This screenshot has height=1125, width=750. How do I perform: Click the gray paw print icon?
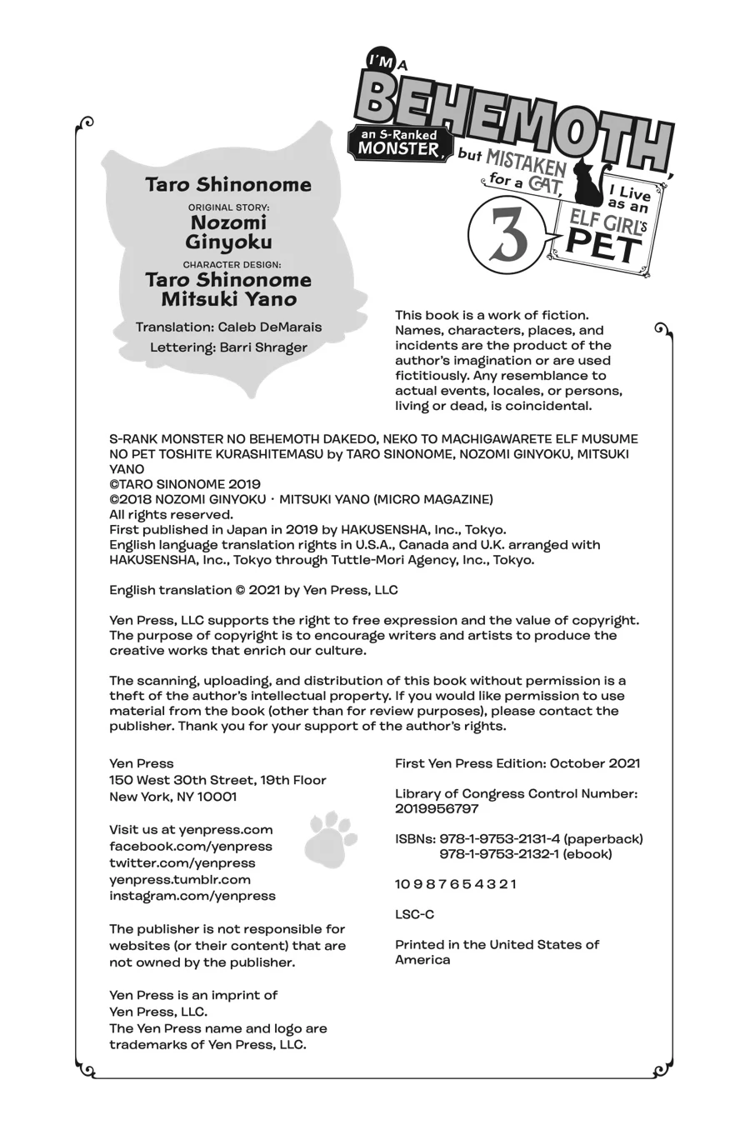pos(331,839)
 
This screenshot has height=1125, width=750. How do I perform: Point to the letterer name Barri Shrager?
pos(263,347)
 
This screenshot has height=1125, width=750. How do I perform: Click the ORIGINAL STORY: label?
pos(228,206)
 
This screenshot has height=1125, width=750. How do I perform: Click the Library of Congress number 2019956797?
pos(437,809)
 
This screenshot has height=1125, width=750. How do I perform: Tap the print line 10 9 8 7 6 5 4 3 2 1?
pos(456,884)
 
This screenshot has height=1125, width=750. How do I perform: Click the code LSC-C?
pos(414,914)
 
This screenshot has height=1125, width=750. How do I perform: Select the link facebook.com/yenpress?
pos(191,847)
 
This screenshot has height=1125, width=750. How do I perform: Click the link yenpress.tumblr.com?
pos(180,880)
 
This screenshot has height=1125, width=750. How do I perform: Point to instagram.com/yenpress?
pos(192,897)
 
